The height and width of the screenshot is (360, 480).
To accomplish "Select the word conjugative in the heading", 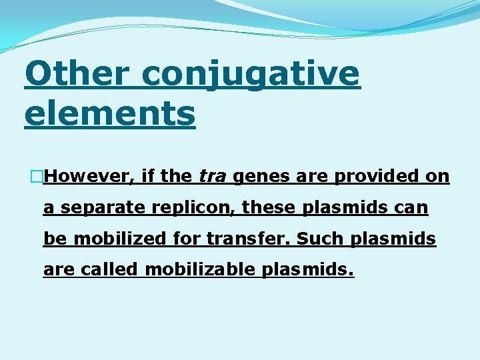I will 251,75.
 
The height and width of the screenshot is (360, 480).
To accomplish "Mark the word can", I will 411,207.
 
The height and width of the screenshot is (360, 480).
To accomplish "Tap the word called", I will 109,269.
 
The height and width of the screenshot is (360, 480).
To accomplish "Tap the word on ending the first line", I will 439,176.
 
